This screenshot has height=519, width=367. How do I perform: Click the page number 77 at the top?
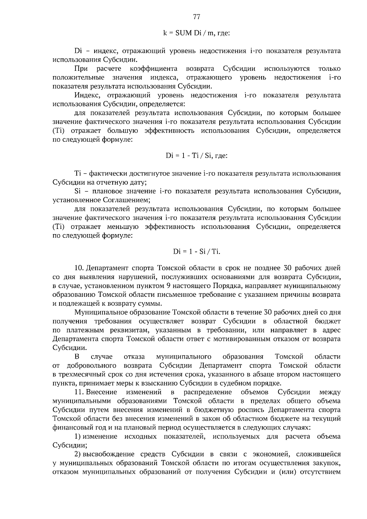pyautogui.click(x=197, y=17)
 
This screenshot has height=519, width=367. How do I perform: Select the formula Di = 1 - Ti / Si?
pyautogui.click(x=196, y=156)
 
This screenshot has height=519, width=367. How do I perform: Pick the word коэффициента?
pyautogui.click(x=154, y=69)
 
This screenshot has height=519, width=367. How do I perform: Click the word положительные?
pyautogui.click(x=78, y=78)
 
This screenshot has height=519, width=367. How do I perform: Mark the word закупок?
pyautogui.click(x=328, y=463)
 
